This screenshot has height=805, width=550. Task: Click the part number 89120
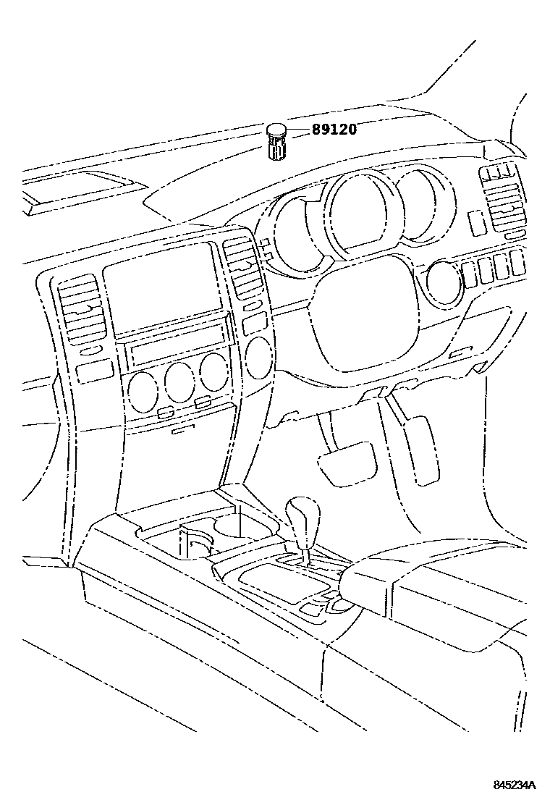click(334, 130)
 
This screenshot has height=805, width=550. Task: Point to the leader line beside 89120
click(299, 130)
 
